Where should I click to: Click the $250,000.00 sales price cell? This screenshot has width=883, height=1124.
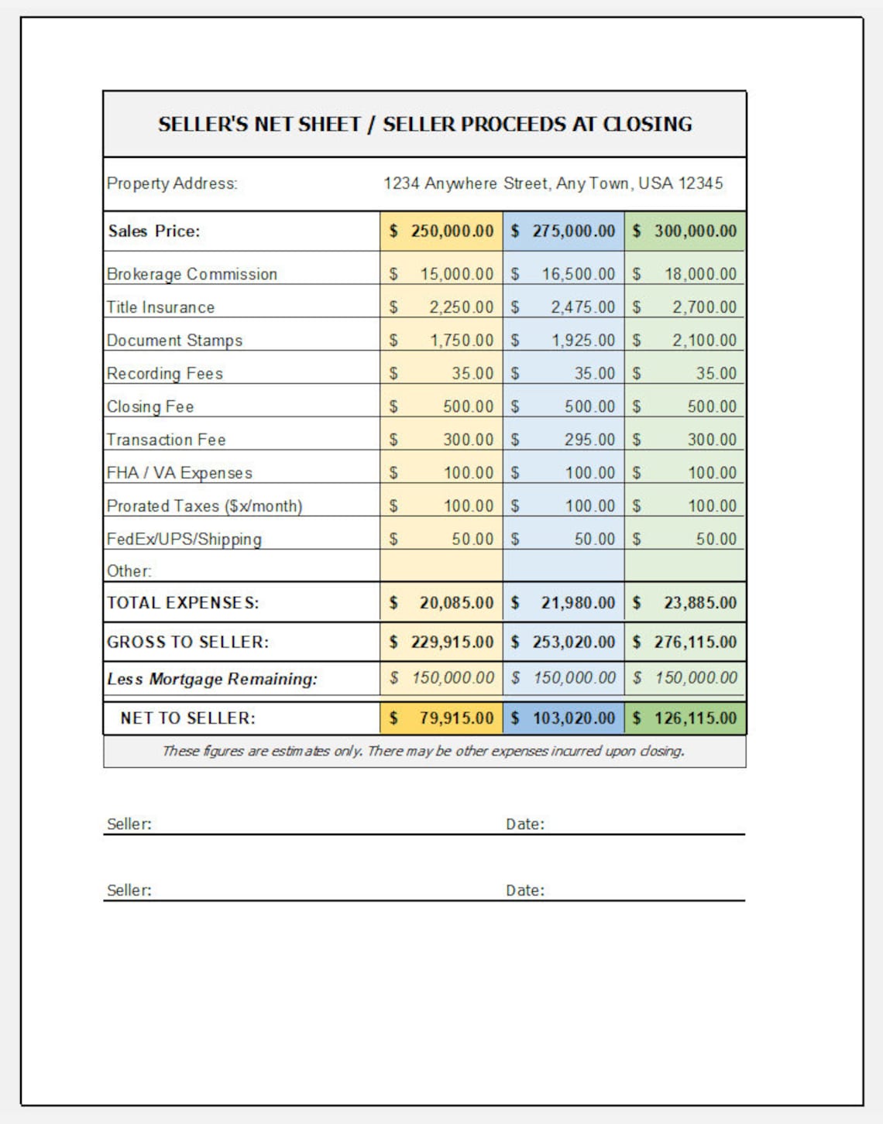[x=441, y=231]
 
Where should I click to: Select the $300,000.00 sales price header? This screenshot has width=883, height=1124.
[x=685, y=231]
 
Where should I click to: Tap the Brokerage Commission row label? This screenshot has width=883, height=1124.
[x=192, y=274]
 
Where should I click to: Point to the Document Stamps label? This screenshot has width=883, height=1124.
[x=174, y=341]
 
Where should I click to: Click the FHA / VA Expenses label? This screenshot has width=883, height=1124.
[x=180, y=473]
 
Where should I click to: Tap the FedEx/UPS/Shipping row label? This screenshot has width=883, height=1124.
[x=184, y=540]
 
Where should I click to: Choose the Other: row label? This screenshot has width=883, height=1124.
[x=129, y=571]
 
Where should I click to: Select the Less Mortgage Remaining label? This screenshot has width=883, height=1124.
[x=212, y=679]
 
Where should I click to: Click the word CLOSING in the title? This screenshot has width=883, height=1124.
[x=647, y=125]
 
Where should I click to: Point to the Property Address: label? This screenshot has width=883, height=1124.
[x=172, y=183]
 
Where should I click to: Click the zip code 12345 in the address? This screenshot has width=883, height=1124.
[x=701, y=183]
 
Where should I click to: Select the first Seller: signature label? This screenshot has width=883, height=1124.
[x=129, y=824]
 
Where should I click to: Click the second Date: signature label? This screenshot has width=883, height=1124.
[x=525, y=891]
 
